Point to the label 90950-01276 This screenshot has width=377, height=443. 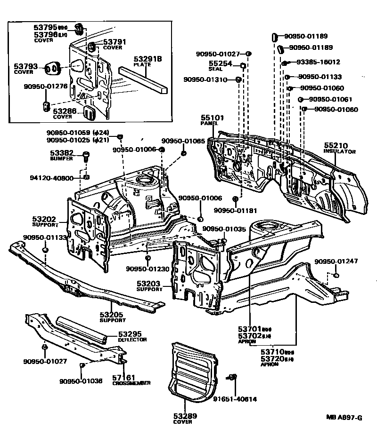click(x=46, y=86)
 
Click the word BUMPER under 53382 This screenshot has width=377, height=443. click(x=62, y=159)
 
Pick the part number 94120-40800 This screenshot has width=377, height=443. click(x=51, y=178)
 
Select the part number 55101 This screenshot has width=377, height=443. click(x=212, y=118)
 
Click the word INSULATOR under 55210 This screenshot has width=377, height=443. click(x=339, y=152)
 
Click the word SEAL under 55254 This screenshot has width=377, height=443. click(x=216, y=69)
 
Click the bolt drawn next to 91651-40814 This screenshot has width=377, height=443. click(x=233, y=377)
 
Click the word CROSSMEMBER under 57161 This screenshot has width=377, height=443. click(x=131, y=383)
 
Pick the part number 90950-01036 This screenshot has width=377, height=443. click(x=81, y=381)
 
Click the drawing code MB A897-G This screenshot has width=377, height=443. click(x=344, y=417)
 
